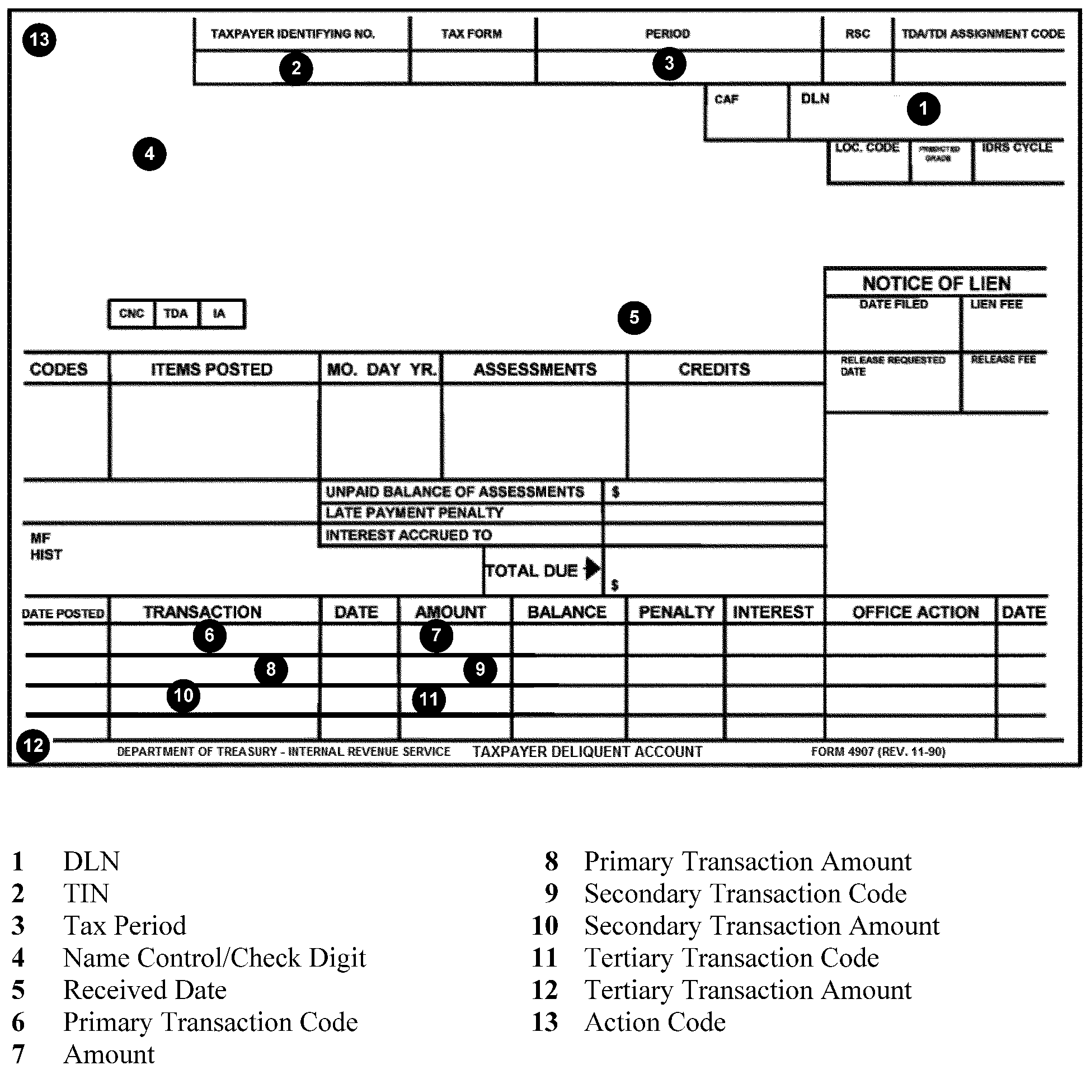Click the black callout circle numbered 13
point(39,40)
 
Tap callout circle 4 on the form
point(149,154)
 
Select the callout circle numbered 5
point(634,318)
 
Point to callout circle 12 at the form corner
point(34,745)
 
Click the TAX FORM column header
point(471,34)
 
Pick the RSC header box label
point(857,34)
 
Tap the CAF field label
point(726,100)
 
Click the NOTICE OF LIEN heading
point(937,283)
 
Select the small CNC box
point(131,314)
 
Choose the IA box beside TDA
point(219,314)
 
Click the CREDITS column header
point(714,369)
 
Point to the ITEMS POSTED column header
point(212,369)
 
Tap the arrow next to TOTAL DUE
point(592,569)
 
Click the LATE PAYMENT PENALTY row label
point(414,512)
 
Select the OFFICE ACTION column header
point(915,612)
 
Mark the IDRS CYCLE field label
point(1017,148)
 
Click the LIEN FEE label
point(996,305)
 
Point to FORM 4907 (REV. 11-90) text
point(878,751)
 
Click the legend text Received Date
point(145,989)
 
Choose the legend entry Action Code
point(655,1022)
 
